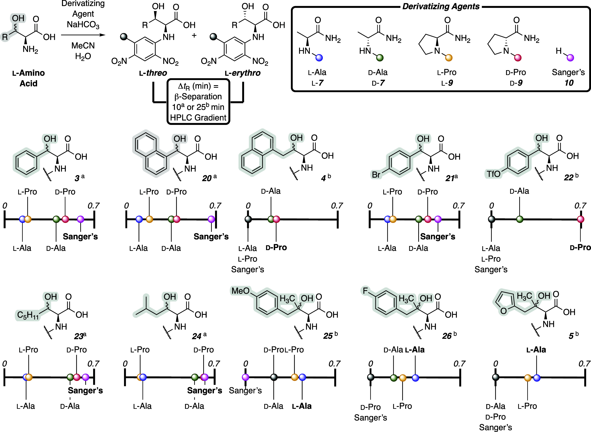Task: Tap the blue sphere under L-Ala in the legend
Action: point(319,58)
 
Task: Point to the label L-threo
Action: point(153,73)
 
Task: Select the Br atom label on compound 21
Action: point(376,174)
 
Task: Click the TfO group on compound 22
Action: point(493,174)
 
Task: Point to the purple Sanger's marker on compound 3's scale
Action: point(81,219)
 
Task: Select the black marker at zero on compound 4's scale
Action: point(248,219)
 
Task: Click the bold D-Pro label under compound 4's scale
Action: point(276,247)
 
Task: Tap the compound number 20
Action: point(207,178)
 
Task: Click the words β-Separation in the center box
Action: point(198,97)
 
